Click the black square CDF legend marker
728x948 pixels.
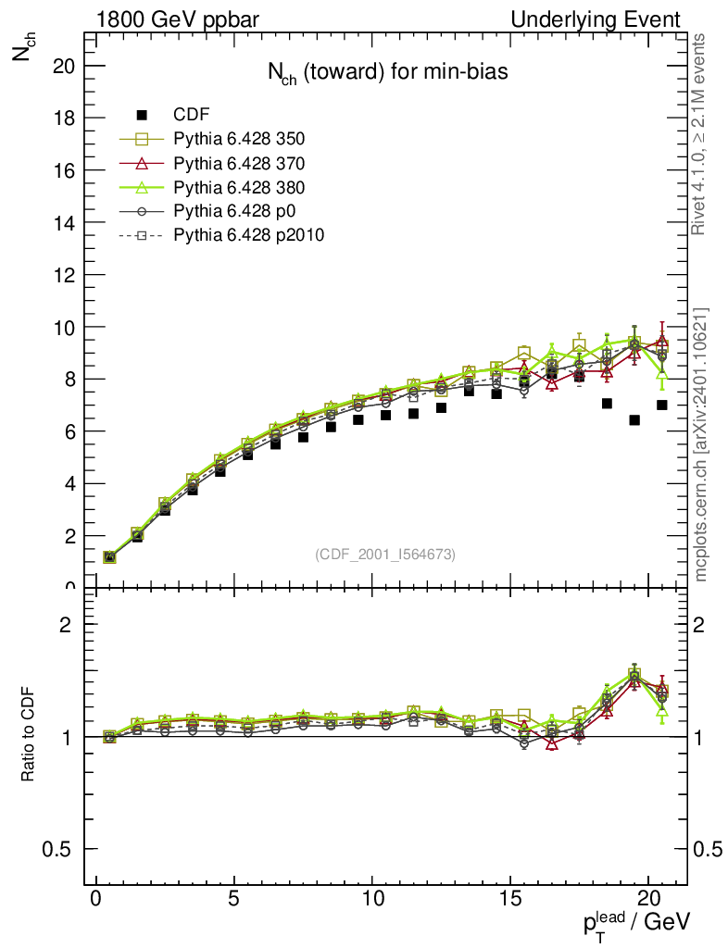[x=142, y=115]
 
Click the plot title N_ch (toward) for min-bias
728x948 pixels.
[x=381, y=73]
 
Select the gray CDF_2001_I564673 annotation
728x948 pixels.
[x=385, y=554]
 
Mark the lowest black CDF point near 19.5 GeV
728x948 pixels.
[x=634, y=420]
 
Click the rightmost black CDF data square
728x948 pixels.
[x=662, y=405]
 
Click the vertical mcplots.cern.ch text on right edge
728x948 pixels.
[x=702, y=444]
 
